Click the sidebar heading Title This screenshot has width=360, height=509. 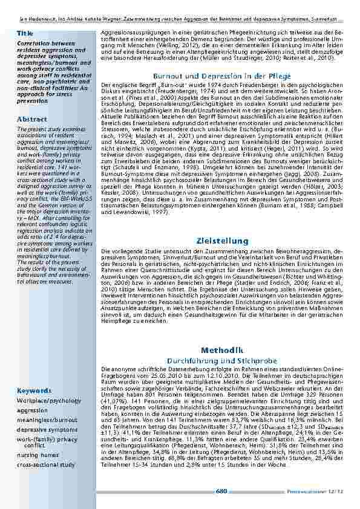25,33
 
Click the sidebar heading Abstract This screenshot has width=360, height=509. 32,120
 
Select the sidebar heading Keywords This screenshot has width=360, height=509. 34,391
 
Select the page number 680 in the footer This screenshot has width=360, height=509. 221,491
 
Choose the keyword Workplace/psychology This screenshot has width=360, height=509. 48,400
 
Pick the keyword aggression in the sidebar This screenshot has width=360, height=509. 32,410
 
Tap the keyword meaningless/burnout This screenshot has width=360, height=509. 47,420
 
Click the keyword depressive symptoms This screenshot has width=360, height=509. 47,429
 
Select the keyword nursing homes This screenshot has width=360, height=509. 38,454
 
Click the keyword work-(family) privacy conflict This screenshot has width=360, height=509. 47,441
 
